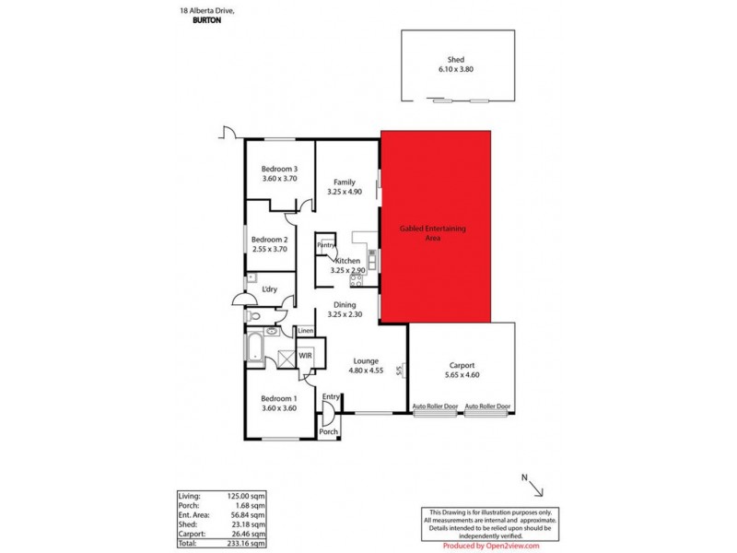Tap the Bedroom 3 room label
(x=279, y=169)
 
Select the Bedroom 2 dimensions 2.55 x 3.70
(x=273, y=249)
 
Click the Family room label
(x=345, y=182)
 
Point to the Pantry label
(x=325, y=245)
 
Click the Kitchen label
(x=346, y=261)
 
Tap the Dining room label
(x=345, y=304)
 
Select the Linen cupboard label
(x=306, y=331)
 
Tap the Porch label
(x=327, y=430)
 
